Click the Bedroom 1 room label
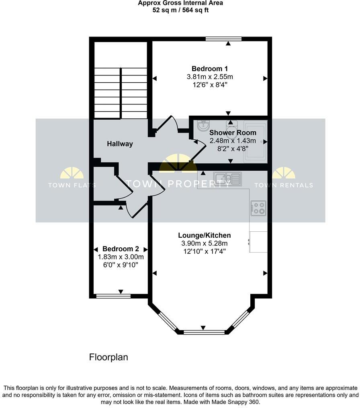[x=210, y=69]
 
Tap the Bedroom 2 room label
[x=121, y=249]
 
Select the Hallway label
[x=120, y=144]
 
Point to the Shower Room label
[x=233, y=133]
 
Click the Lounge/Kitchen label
[x=205, y=235]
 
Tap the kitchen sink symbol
[x=227, y=178]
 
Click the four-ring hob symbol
[x=258, y=208]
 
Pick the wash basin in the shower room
[x=203, y=126]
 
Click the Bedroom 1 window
[x=223, y=39]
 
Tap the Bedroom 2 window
[x=113, y=296]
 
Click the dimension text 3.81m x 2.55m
[x=210, y=77]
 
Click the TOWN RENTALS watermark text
[x=284, y=185]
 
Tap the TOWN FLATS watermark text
[x=72, y=185]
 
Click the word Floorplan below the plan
[x=108, y=357]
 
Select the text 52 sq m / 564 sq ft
[x=180, y=10]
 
